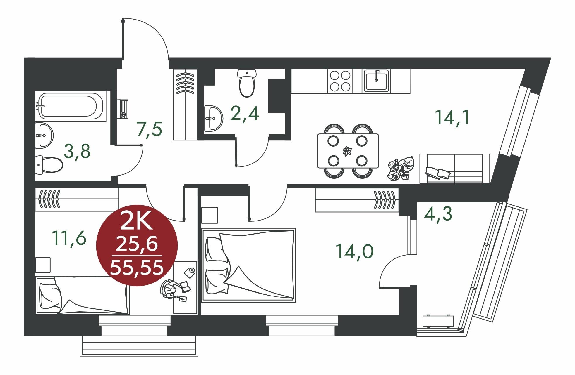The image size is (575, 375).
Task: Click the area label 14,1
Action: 452,117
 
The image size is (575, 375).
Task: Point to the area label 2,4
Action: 245,113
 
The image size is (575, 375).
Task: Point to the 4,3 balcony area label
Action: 438,214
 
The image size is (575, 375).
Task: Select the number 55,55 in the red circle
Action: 137,268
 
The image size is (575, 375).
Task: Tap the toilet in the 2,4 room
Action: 247,83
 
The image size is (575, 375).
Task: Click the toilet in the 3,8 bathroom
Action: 49,164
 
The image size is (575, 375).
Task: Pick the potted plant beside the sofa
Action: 401,169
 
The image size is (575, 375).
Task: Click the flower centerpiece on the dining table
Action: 348,151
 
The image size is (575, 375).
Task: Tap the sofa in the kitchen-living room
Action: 455,169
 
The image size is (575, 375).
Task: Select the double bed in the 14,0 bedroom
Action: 249,264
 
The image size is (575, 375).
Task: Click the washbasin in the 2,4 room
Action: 213,119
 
